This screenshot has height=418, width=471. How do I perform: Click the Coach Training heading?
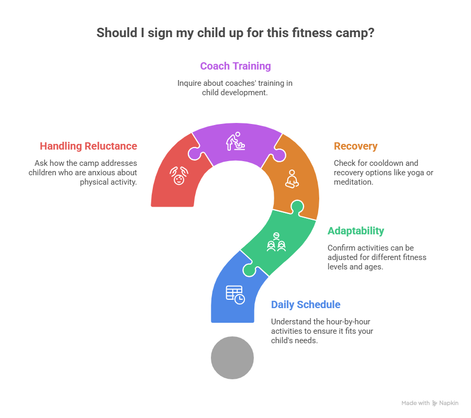[x=235, y=66]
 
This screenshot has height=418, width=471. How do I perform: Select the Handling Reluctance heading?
[x=88, y=146]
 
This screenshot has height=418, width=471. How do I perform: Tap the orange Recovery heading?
[x=356, y=146]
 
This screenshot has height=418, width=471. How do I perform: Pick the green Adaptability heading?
[x=356, y=231]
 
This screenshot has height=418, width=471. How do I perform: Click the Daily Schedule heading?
[x=306, y=305]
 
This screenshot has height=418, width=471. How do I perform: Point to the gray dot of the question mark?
[x=232, y=358]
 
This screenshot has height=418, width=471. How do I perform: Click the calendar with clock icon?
[x=235, y=295]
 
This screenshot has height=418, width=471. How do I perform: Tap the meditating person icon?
[x=292, y=179]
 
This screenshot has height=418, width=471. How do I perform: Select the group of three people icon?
[x=276, y=242]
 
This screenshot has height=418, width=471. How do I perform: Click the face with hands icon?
[x=179, y=176]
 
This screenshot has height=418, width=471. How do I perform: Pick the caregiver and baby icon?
[x=235, y=141]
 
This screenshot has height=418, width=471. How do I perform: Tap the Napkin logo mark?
[x=434, y=403]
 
